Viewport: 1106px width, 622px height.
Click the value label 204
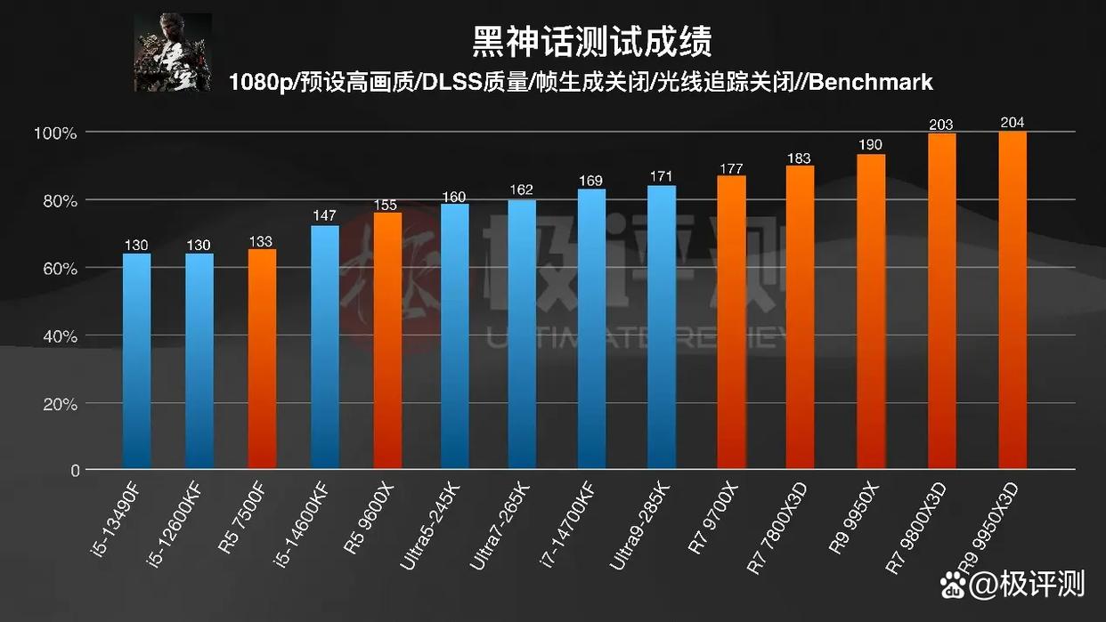[1012, 123]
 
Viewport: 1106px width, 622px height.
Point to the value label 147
[325, 216]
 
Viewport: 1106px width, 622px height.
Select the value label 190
[871, 145]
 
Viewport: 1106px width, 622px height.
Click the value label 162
[522, 190]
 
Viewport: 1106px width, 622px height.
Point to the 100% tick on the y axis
[55, 133]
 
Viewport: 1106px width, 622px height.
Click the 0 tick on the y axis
[76, 470]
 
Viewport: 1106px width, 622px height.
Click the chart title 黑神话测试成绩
[591, 42]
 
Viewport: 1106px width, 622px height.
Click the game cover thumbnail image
[173, 52]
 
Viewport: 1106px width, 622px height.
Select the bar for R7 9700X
[732, 321]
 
